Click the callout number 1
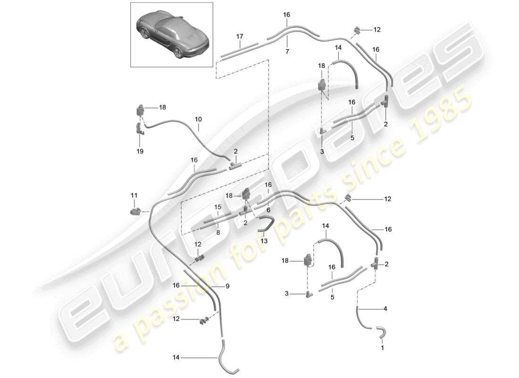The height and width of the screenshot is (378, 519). (382, 348)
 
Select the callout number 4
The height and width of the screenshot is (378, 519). (385, 309)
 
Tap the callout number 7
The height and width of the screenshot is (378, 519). (286, 51)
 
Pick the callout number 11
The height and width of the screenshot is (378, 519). (134, 195)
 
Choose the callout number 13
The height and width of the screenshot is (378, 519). (264, 241)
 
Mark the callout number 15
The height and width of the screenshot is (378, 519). (218, 206)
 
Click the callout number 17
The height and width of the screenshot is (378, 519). (240, 36)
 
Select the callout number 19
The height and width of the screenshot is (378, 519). (141, 151)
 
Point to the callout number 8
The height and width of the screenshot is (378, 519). (218, 232)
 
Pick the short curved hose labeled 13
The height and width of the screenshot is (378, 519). (266, 223)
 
